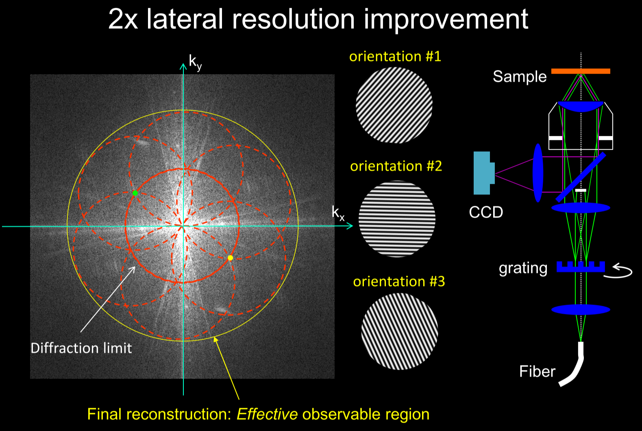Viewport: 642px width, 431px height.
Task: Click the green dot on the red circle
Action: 135,193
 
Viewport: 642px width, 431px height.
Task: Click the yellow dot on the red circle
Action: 230,258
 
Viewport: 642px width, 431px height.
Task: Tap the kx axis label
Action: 337,212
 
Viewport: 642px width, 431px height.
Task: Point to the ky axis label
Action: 195,62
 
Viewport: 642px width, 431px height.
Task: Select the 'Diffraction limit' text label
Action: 81,348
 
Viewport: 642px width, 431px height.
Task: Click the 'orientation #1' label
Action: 395,56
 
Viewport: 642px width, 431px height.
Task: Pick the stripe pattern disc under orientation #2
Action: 397,219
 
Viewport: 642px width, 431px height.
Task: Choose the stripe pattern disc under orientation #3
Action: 400,331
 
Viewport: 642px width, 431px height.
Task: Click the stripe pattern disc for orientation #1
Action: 394,105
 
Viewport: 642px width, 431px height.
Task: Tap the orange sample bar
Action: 581,71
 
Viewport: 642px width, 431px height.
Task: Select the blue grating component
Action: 581,267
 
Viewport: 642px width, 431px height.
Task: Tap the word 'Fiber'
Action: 537,371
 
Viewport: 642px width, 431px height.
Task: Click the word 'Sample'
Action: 520,76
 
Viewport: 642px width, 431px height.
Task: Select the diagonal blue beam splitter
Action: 581,177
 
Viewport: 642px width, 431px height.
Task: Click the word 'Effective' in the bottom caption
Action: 267,414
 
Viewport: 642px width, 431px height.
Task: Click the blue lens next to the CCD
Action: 538,173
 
